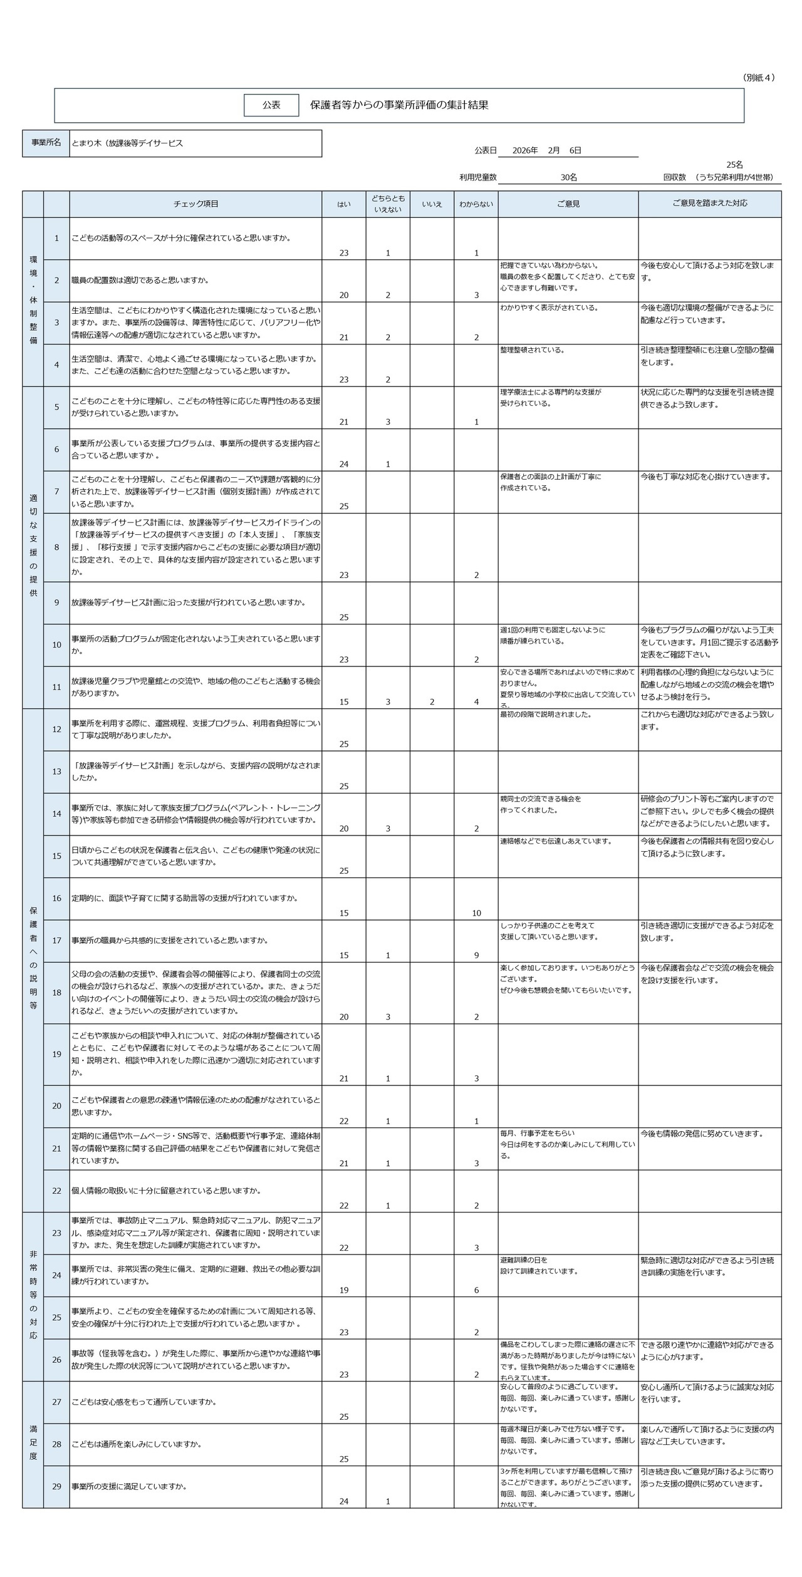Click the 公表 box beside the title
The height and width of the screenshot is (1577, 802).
pyautogui.click(x=271, y=106)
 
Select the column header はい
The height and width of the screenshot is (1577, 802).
pyautogui.click(x=344, y=204)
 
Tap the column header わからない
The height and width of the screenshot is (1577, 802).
pyautogui.click(x=476, y=204)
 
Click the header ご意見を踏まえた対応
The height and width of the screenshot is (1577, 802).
pyautogui.click(x=709, y=204)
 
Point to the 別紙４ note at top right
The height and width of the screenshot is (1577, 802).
pyautogui.click(x=759, y=78)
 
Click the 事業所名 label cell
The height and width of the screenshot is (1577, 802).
pyautogui.click(x=46, y=143)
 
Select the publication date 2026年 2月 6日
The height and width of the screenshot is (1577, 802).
pyautogui.click(x=546, y=150)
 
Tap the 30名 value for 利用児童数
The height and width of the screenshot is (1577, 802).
pyautogui.click(x=568, y=178)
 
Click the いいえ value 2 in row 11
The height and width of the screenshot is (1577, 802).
pyautogui.click(x=432, y=702)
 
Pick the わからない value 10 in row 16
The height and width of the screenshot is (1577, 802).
pyautogui.click(x=476, y=913)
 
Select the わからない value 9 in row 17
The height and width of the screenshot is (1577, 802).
pyautogui.click(x=476, y=955)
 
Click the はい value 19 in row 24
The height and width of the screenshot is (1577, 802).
pyautogui.click(x=344, y=1290)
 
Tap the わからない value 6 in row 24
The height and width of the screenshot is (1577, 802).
pyautogui.click(x=476, y=1290)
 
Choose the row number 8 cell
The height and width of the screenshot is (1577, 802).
pyautogui.click(x=56, y=547)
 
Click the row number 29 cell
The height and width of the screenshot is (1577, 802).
pyautogui.click(x=56, y=1486)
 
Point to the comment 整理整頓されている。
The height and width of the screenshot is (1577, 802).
pyautogui.click(x=532, y=350)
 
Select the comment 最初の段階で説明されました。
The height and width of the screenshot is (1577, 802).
pyautogui.click(x=546, y=715)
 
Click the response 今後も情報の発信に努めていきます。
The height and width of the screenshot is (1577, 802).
pyautogui.click(x=702, y=1134)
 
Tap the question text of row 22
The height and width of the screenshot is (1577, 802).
pyautogui.click(x=166, y=1191)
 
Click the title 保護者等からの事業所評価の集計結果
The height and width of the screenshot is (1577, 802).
pyautogui.click(x=399, y=105)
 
